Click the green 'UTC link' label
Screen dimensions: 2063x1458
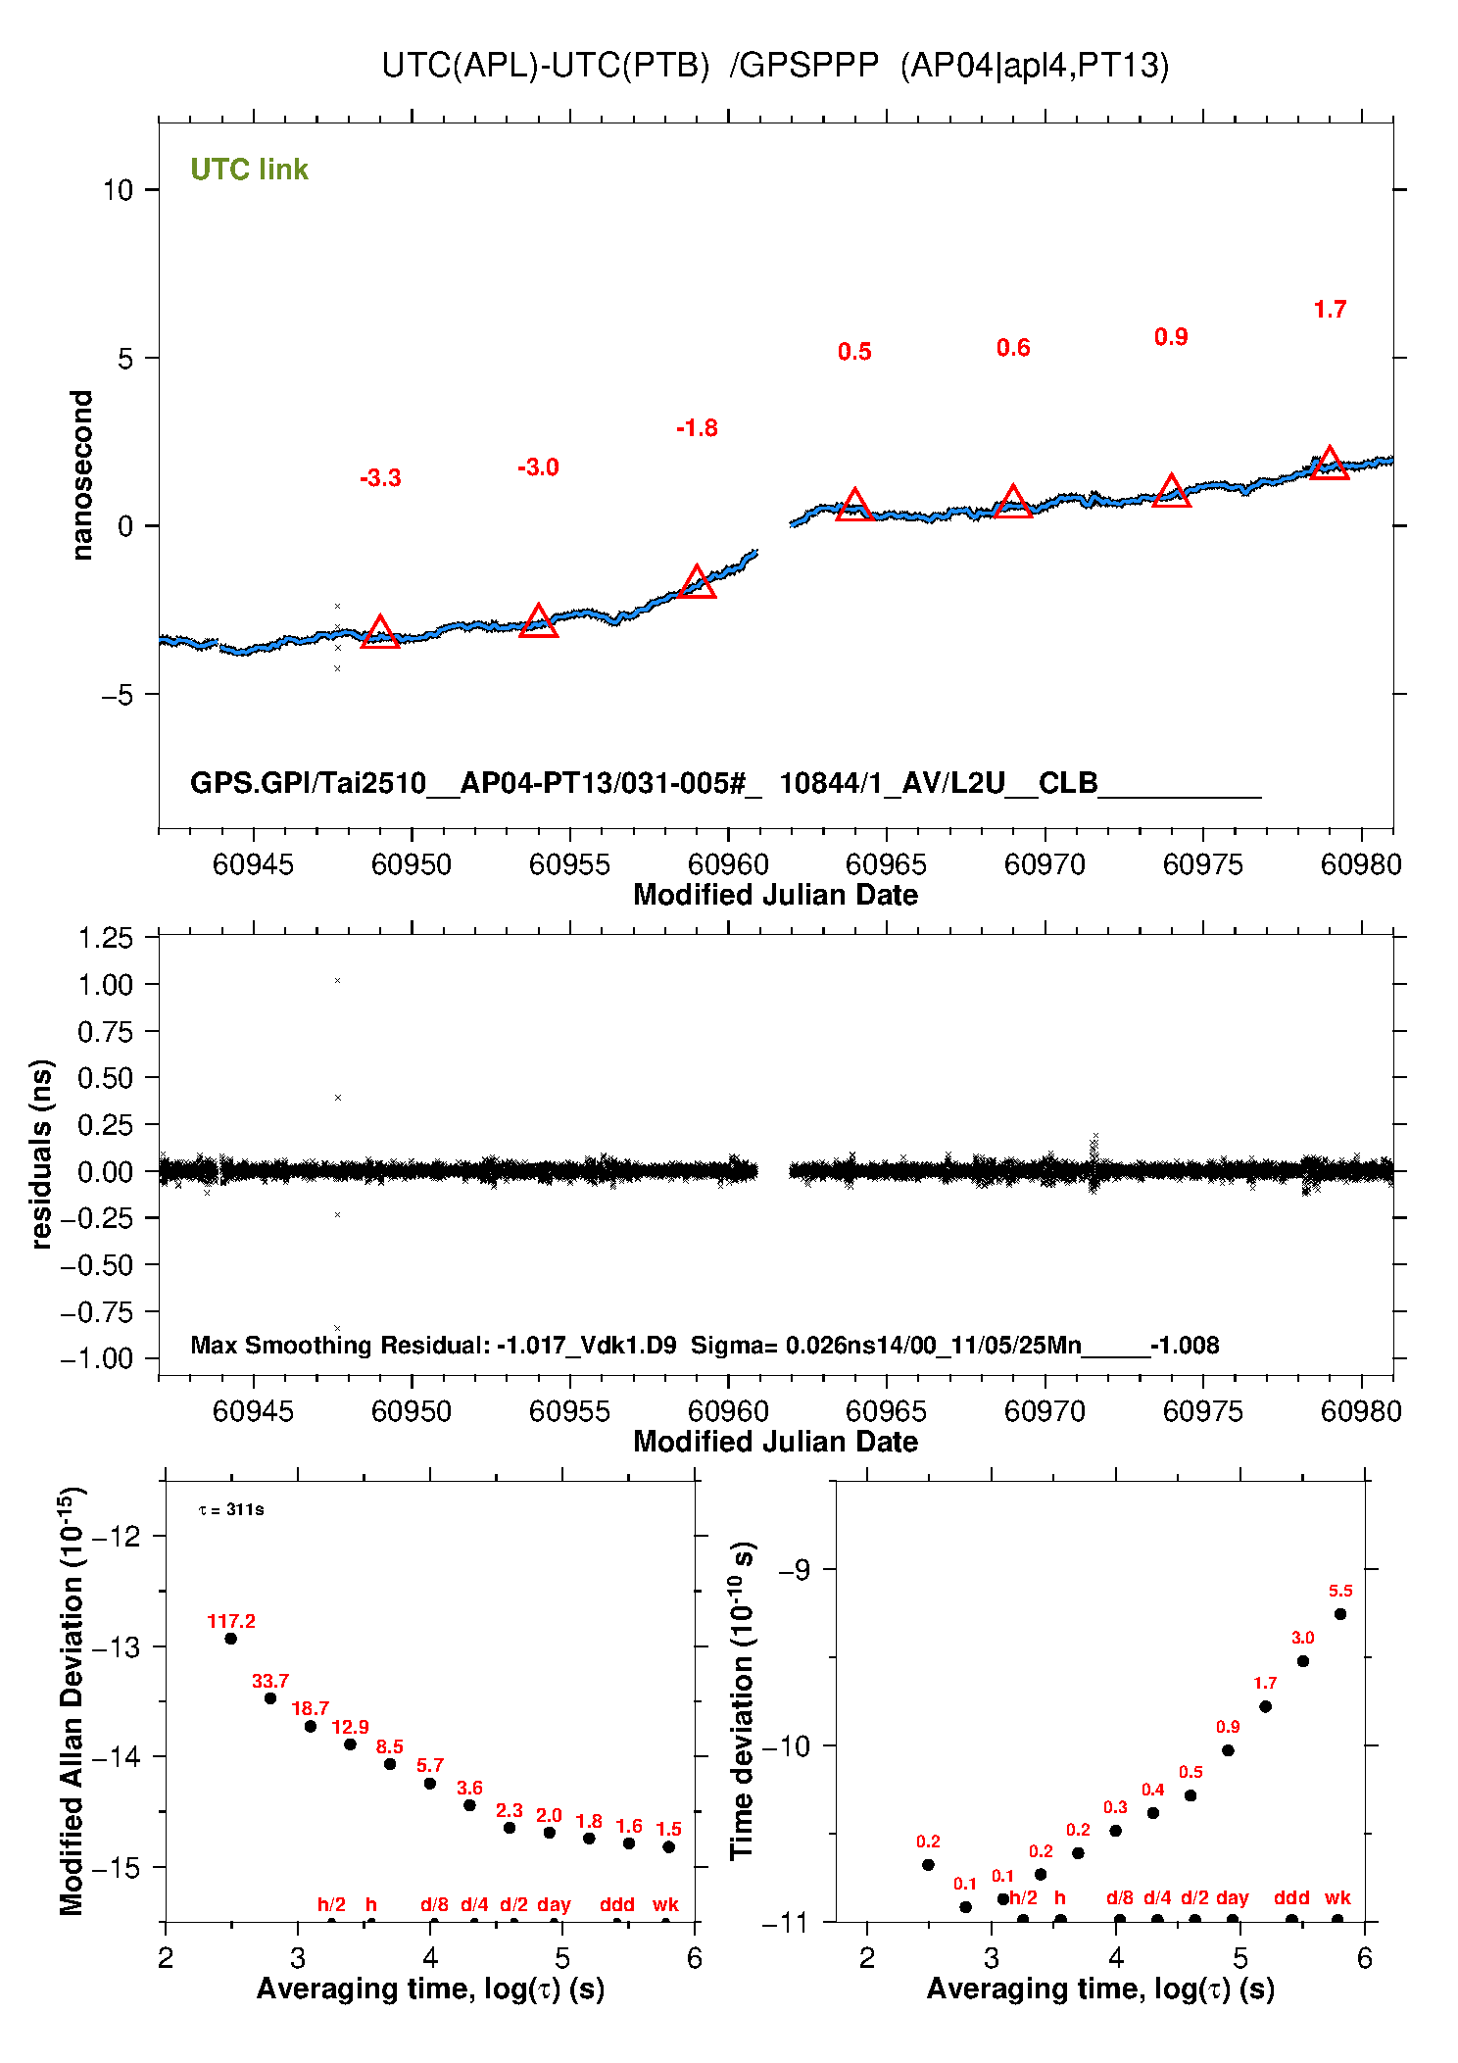[249, 170]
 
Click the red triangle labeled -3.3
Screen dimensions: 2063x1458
[380, 633]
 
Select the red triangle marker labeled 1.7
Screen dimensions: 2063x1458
[1329, 464]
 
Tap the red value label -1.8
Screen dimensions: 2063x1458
[697, 428]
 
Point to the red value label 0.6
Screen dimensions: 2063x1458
[1013, 348]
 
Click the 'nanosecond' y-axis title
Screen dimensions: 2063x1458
[82, 475]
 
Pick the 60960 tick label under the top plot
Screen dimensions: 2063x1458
[728, 864]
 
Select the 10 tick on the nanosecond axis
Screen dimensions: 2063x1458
[118, 190]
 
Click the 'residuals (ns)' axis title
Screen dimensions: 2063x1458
[41, 1154]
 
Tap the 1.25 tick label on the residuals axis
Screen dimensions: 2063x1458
[105, 938]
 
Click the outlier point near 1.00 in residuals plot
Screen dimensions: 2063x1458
[337, 981]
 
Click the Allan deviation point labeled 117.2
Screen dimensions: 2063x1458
[231, 1639]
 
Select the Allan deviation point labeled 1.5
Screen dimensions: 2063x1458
[669, 1847]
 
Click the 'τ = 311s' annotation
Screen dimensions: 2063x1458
[231, 1510]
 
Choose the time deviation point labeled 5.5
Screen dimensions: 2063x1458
[1340, 1614]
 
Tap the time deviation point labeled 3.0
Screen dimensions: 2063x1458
[1303, 1661]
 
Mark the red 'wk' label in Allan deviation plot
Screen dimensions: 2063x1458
[665, 1904]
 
